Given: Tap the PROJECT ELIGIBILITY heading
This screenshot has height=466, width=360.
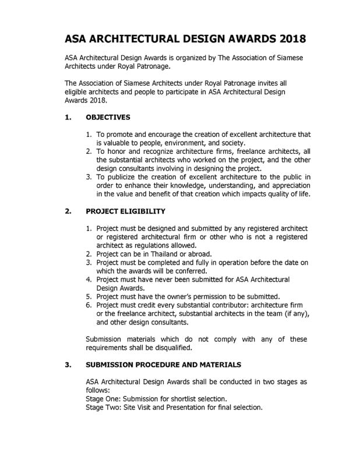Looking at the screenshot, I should tap(125, 211).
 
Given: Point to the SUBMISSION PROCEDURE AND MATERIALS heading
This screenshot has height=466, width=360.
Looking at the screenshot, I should tap(163, 365).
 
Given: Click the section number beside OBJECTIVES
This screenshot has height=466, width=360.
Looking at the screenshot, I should tap(68, 117).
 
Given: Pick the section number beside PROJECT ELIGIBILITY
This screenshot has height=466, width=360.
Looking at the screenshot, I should tap(68, 211).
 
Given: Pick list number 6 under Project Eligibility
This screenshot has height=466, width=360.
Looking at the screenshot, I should tap(89, 305).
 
